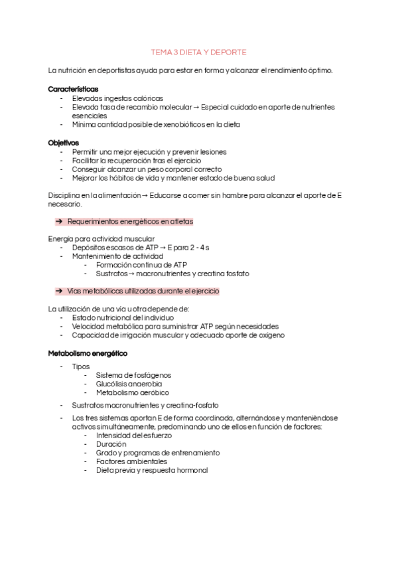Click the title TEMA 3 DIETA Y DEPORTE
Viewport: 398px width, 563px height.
tap(199, 52)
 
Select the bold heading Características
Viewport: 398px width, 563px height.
tap(73, 89)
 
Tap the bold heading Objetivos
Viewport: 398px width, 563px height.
tap(64, 143)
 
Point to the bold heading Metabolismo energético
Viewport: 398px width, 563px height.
tap(88, 353)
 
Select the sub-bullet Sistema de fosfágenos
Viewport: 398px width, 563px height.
tap(133, 375)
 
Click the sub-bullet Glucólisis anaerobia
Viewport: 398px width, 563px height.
tap(129, 384)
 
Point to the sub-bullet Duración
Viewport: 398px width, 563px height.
tap(111, 444)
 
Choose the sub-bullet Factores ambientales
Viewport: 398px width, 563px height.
tap(131, 461)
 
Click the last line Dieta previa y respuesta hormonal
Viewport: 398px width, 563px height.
tap(151, 470)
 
